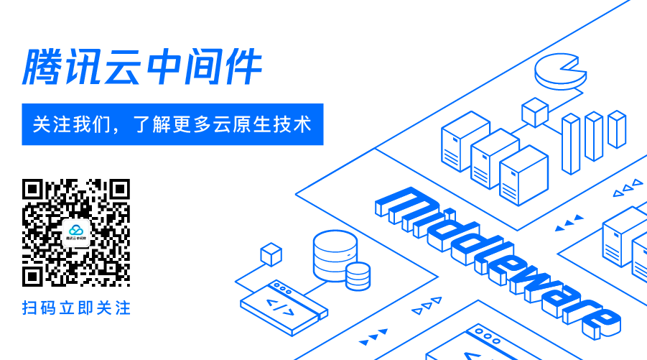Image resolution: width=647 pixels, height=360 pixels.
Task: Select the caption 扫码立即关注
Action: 76,308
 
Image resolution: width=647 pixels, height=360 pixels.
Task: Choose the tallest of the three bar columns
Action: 571,144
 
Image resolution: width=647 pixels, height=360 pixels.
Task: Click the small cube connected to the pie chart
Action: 534,112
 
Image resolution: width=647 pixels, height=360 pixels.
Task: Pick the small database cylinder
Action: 358,275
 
